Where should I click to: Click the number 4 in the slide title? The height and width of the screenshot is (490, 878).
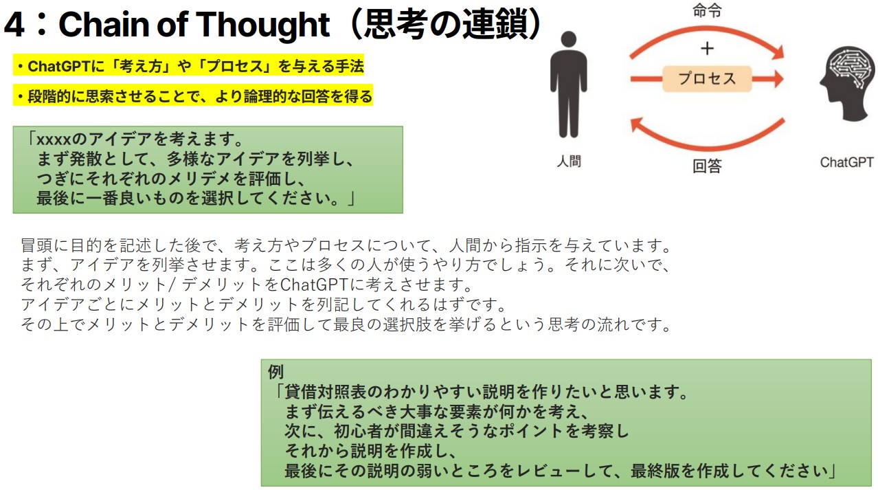[x=14, y=25]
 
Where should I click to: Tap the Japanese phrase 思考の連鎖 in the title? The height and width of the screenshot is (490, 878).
[x=445, y=24]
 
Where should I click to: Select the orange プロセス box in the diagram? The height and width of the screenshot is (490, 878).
[x=707, y=79]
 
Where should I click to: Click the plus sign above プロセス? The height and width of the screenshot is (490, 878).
[x=707, y=49]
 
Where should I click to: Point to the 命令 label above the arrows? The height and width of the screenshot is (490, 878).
[x=707, y=10]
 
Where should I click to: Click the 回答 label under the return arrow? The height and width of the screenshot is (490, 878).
[x=707, y=166]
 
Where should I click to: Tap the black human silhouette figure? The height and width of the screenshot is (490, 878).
[x=568, y=85]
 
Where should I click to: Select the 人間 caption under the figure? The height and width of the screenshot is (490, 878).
[x=569, y=161]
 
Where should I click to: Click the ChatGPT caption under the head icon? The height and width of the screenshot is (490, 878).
[x=846, y=162]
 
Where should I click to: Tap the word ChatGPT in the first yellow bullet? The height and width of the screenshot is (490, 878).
[x=59, y=66]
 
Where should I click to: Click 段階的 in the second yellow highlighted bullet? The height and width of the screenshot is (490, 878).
[x=49, y=96]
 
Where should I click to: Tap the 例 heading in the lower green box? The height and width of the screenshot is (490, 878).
[x=275, y=372]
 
